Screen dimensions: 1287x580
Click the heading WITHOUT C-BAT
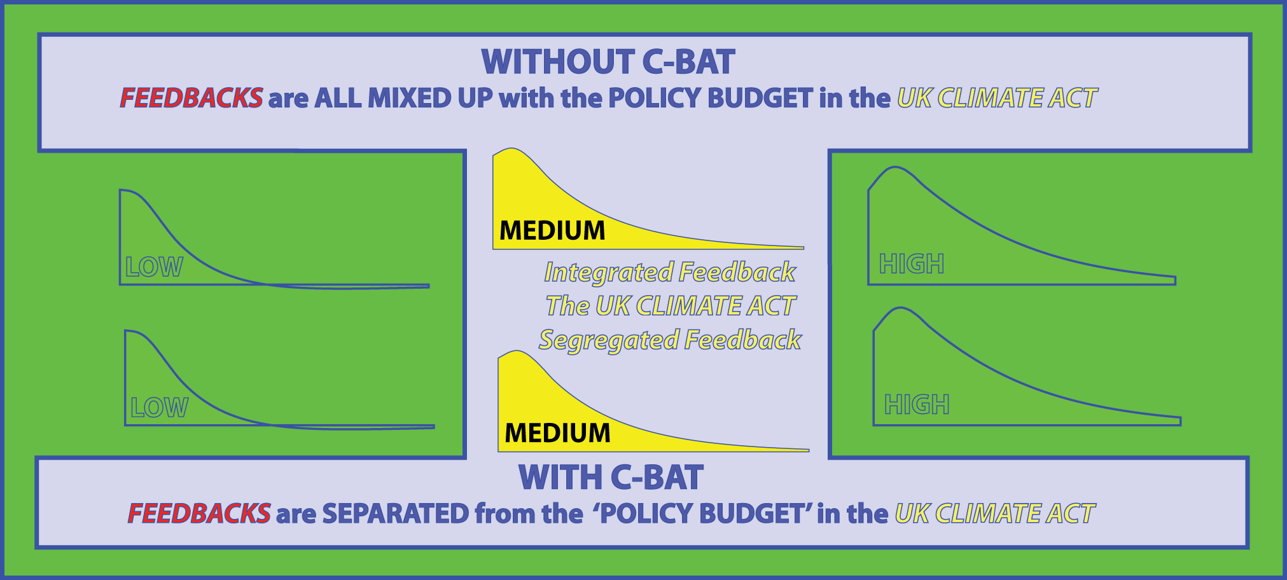(x=608, y=62)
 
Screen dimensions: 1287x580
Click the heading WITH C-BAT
(x=611, y=478)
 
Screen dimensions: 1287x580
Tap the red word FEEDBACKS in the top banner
(x=191, y=98)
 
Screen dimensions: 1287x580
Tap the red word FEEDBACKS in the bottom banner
(x=199, y=513)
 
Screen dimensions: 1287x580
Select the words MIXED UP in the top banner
(x=430, y=98)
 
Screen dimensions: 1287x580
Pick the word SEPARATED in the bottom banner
(x=396, y=513)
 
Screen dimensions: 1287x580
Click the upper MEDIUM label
(x=552, y=230)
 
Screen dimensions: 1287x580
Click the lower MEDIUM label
(x=557, y=433)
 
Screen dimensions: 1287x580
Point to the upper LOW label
(x=154, y=267)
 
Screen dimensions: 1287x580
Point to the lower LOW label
(x=159, y=408)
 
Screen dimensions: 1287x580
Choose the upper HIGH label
(x=912, y=264)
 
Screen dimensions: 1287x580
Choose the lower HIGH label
(x=917, y=404)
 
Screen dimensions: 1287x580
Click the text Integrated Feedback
(x=670, y=272)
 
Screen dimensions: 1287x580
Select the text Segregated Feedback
(x=670, y=340)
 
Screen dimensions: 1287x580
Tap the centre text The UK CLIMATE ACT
(x=671, y=306)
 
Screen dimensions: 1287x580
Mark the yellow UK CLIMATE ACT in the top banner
(x=998, y=98)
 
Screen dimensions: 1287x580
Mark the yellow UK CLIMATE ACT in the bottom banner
(x=995, y=513)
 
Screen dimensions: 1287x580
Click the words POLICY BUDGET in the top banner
(x=711, y=98)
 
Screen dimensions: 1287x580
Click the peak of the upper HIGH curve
(x=896, y=167)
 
